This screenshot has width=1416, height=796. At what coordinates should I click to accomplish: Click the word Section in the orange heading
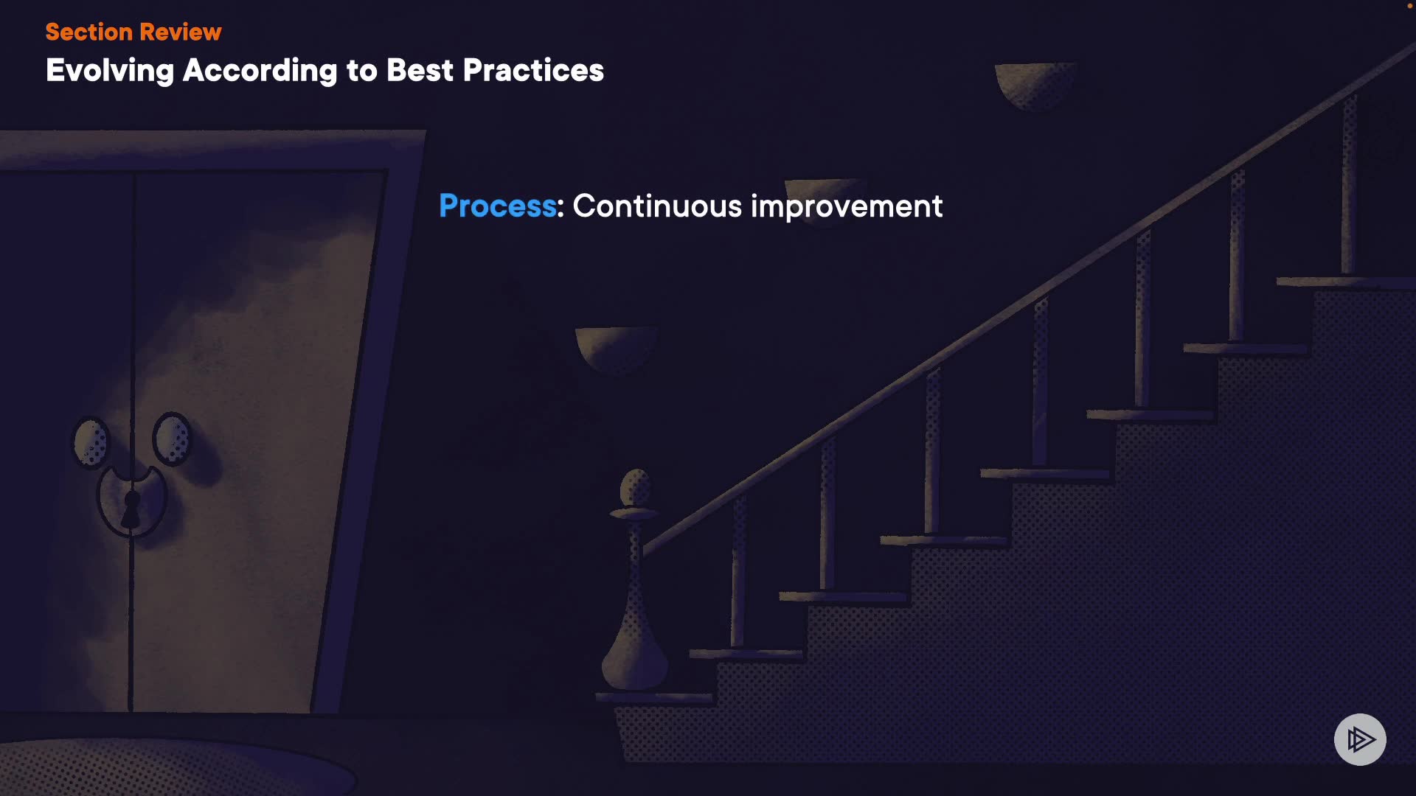[x=88, y=32]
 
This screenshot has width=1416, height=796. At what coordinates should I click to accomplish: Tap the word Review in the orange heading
[x=180, y=32]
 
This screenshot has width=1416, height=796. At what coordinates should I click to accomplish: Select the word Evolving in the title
[x=110, y=71]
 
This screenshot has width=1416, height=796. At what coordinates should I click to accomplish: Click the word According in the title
[x=259, y=71]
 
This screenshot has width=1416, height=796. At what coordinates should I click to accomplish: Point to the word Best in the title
[x=420, y=70]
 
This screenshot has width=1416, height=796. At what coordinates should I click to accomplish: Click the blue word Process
[x=498, y=206]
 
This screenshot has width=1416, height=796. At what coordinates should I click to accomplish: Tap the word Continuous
[x=657, y=206]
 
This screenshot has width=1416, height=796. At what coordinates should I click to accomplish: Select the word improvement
[x=847, y=207]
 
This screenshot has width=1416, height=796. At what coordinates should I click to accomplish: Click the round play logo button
[x=1360, y=739]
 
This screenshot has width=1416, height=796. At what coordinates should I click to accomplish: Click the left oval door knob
[x=91, y=442]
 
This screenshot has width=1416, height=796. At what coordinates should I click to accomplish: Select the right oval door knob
[x=172, y=439]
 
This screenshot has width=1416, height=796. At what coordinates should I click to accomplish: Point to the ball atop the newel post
[x=636, y=487]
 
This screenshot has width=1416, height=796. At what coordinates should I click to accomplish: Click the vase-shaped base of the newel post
[x=635, y=641]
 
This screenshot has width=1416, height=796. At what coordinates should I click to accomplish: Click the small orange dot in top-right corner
[x=1410, y=6]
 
